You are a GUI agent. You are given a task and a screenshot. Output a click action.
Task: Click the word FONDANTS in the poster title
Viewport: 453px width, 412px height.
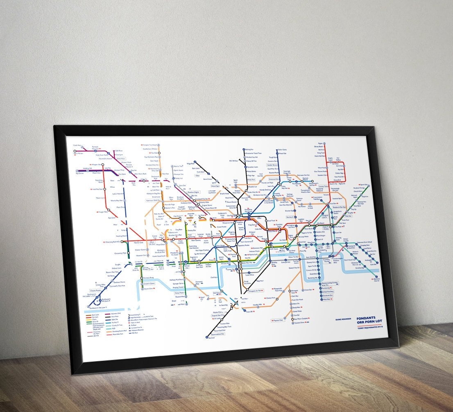tap(366, 318)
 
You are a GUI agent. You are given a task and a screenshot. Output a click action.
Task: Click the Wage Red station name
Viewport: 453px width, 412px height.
tap(190, 163)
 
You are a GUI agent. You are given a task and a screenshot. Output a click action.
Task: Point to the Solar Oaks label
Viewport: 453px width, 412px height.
tap(282, 149)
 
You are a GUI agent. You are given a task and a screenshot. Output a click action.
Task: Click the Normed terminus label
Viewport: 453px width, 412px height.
tap(211, 338)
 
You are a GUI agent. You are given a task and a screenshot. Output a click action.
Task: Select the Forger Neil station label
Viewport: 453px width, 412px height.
tap(102, 212)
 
